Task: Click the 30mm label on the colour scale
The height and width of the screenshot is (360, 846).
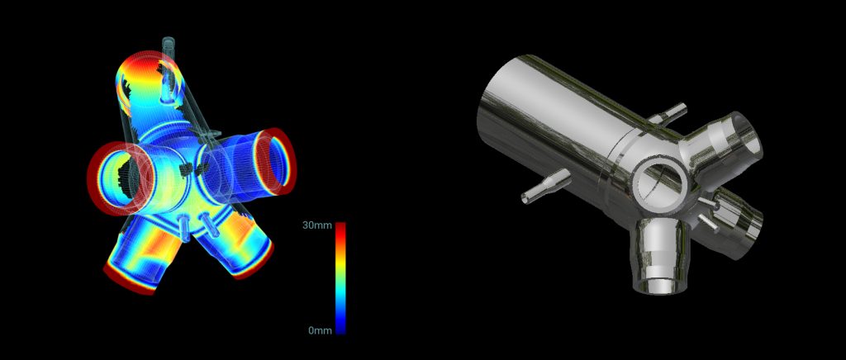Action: point(316,225)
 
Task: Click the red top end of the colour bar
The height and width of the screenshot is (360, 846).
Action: point(340,227)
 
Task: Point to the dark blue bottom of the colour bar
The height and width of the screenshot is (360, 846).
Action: point(340,328)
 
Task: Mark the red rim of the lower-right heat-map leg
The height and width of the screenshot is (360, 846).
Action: point(254,267)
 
